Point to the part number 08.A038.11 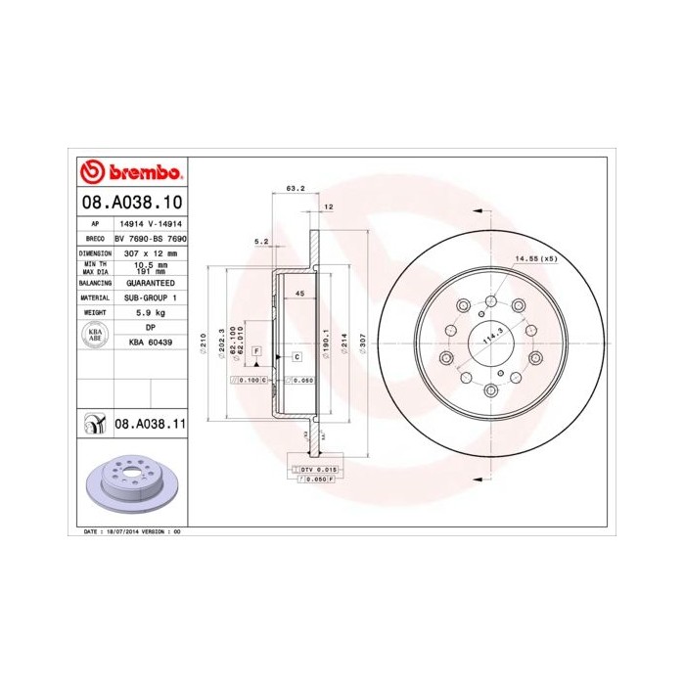pos(151,424)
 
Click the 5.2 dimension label pos(261,240)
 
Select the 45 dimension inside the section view pos(300,295)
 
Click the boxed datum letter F pos(255,349)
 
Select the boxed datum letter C pos(295,357)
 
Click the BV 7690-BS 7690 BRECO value pos(151,238)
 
